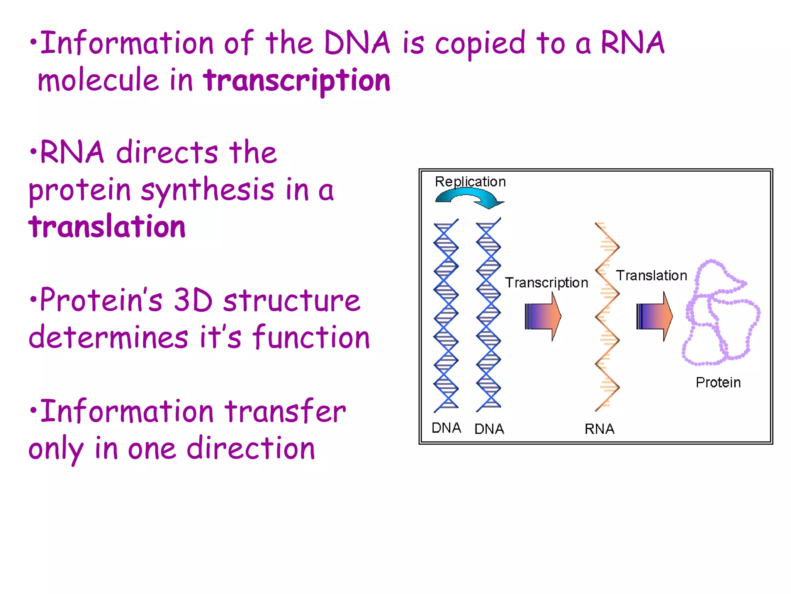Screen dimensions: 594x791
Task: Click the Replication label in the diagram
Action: (470, 182)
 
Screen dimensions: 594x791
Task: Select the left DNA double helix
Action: (446, 315)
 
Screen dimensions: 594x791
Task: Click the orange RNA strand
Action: (607, 317)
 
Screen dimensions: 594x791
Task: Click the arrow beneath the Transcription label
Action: (543, 316)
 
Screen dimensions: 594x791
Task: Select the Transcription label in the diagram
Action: (547, 283)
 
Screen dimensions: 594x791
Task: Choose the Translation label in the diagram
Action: (652, 276)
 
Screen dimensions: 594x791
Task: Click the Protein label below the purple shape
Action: (718, 382)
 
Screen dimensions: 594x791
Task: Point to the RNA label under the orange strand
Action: (599, 429)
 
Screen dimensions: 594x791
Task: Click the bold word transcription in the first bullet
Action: (297, 81)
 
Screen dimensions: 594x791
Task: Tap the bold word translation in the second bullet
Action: (107, 227)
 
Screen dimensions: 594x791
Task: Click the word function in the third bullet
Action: (311, 337)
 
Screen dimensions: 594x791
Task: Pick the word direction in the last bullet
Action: (251, 449)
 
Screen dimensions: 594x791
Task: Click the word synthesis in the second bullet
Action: (208, 190)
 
